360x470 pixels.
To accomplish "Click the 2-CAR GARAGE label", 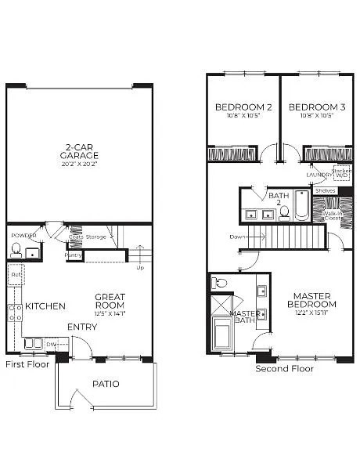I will click(x=81, y=150).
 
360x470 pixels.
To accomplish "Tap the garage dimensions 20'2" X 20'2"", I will click(x=81, y=164).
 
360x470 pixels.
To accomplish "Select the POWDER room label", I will click(x=23, y=235).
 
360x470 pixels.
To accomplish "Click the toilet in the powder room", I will click(x=16, y=250).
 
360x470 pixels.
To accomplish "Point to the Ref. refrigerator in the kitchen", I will click(x=16, y=275).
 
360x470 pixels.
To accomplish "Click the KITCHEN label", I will click(x=45, y=305).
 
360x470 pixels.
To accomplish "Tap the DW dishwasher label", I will click(x=51, y=343).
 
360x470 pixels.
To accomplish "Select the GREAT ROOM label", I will click(x=110, y=301).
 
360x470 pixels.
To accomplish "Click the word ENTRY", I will click(x=82, y=327).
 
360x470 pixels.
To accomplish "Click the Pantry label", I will click(x=74, y=255).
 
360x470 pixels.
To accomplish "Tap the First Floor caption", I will click(x=27, y=364).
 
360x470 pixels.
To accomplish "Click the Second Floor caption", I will click(x=284, y=368).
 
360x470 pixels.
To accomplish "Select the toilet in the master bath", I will click(x=220, y=283).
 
